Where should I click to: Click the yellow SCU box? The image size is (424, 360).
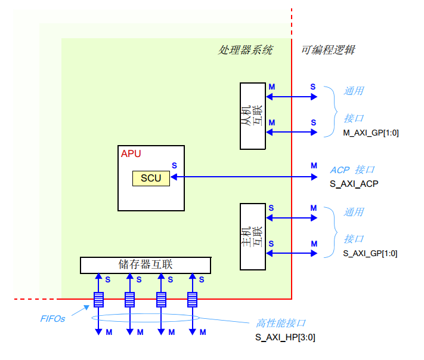pyautogui.click(x=151, y=178)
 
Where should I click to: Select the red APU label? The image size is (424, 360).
pyautogui.click(x=131, y=154)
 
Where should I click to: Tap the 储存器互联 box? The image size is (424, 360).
pyautogui.click(x=146, y=264)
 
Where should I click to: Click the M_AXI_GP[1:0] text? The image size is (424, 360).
pyautogui.click(x=370, y=133)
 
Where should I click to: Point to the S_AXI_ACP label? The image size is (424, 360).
pyautogui.click(x=354, y=183)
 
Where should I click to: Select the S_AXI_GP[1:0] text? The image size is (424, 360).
pyautogui.click(x=370, y=253)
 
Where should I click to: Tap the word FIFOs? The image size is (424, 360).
pyautogui.click(x=52, y=319)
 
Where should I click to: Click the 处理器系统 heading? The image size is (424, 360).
pyautogui.click(x=245, y=50)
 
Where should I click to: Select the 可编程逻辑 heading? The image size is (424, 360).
pyautogui.click(x=328, y=50)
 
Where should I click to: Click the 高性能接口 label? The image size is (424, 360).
pyautogui.click(x=281, y=323)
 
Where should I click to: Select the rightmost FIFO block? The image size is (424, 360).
pyautogui.click(x=192, y=299)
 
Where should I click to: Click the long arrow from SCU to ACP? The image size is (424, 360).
pyautogui.click(x=245, y=177)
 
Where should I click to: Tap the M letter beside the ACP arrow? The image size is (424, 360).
pyautogui.click(x=314, y=165)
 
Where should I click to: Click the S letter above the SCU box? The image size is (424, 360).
pyautogui.click(x=174, y=165)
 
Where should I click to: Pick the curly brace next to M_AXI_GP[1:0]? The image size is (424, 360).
pyautogui.click(x=329, y=112)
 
